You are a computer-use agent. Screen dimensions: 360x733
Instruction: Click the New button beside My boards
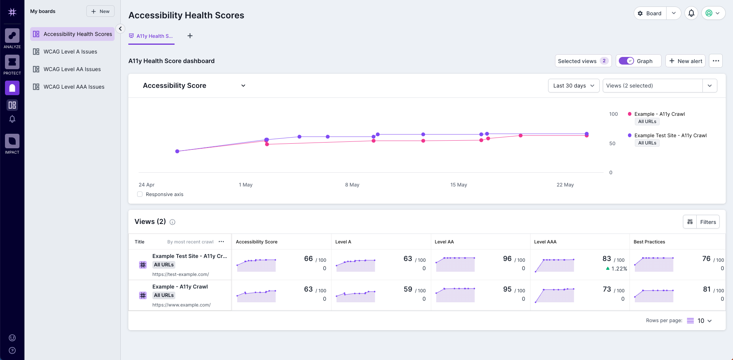[x=100, y=11]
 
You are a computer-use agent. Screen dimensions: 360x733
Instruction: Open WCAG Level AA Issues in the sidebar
[x=72, y=69]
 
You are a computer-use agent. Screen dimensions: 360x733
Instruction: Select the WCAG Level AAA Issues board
[x=74, y=87]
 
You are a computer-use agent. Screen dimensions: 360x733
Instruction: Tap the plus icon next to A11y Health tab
[x=190, y=36]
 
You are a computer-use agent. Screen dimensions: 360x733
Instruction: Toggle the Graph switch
[x=626, y=61]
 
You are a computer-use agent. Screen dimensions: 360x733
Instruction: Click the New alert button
[x=686, y=61]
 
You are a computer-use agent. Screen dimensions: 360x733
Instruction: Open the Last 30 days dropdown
[x=573, y=86]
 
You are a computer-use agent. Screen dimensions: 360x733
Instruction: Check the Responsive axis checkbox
[x=140, y=194]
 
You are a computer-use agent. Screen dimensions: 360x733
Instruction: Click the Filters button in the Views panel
[x=707, y=222]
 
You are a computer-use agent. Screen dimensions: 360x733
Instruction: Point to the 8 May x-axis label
[x=352, y=185]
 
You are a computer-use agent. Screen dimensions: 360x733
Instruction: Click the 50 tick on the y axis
[x=612, y=143]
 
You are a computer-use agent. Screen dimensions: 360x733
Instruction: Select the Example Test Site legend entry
[x=670, y=135]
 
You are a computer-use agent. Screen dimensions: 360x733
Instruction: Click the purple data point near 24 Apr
[x=177, y=151]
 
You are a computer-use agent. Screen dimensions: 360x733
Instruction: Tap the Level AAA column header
[x=545, y=242]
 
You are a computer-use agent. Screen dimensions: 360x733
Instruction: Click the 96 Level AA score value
[x=507, y=259]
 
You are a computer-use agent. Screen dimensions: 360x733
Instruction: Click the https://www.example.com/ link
[x=181, y=305]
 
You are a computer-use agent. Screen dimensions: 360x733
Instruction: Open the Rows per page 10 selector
[x=704, y=321]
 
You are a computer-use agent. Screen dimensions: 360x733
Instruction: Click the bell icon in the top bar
[x=691, y=13]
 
